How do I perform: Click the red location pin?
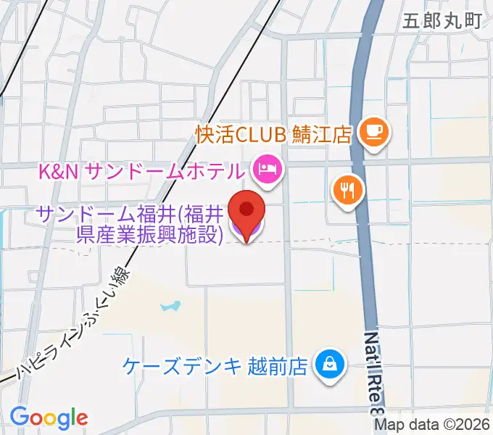pyautogui.click(x=246, y=210)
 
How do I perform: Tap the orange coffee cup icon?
pyautogui.click(x=375, y=132)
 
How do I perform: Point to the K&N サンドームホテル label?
pyautogui.click(x=141, y=172)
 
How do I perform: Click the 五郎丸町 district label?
pyautogui.click(x=442, y=20)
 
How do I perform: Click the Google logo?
pyautogui.click(x=49, y=418)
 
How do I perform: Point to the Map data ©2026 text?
pyautogui.click(x=432, y=426)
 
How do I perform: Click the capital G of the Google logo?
pyautogui.click(x=20, y=417)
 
